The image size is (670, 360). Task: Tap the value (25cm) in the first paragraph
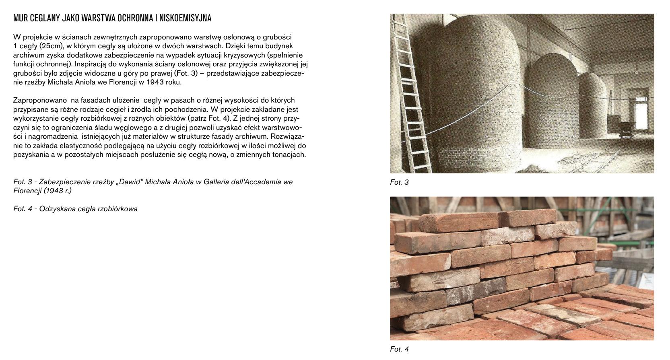point(52,46)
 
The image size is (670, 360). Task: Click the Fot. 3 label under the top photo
point(399,182)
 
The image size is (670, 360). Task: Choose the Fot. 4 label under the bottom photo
point(399,349)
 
